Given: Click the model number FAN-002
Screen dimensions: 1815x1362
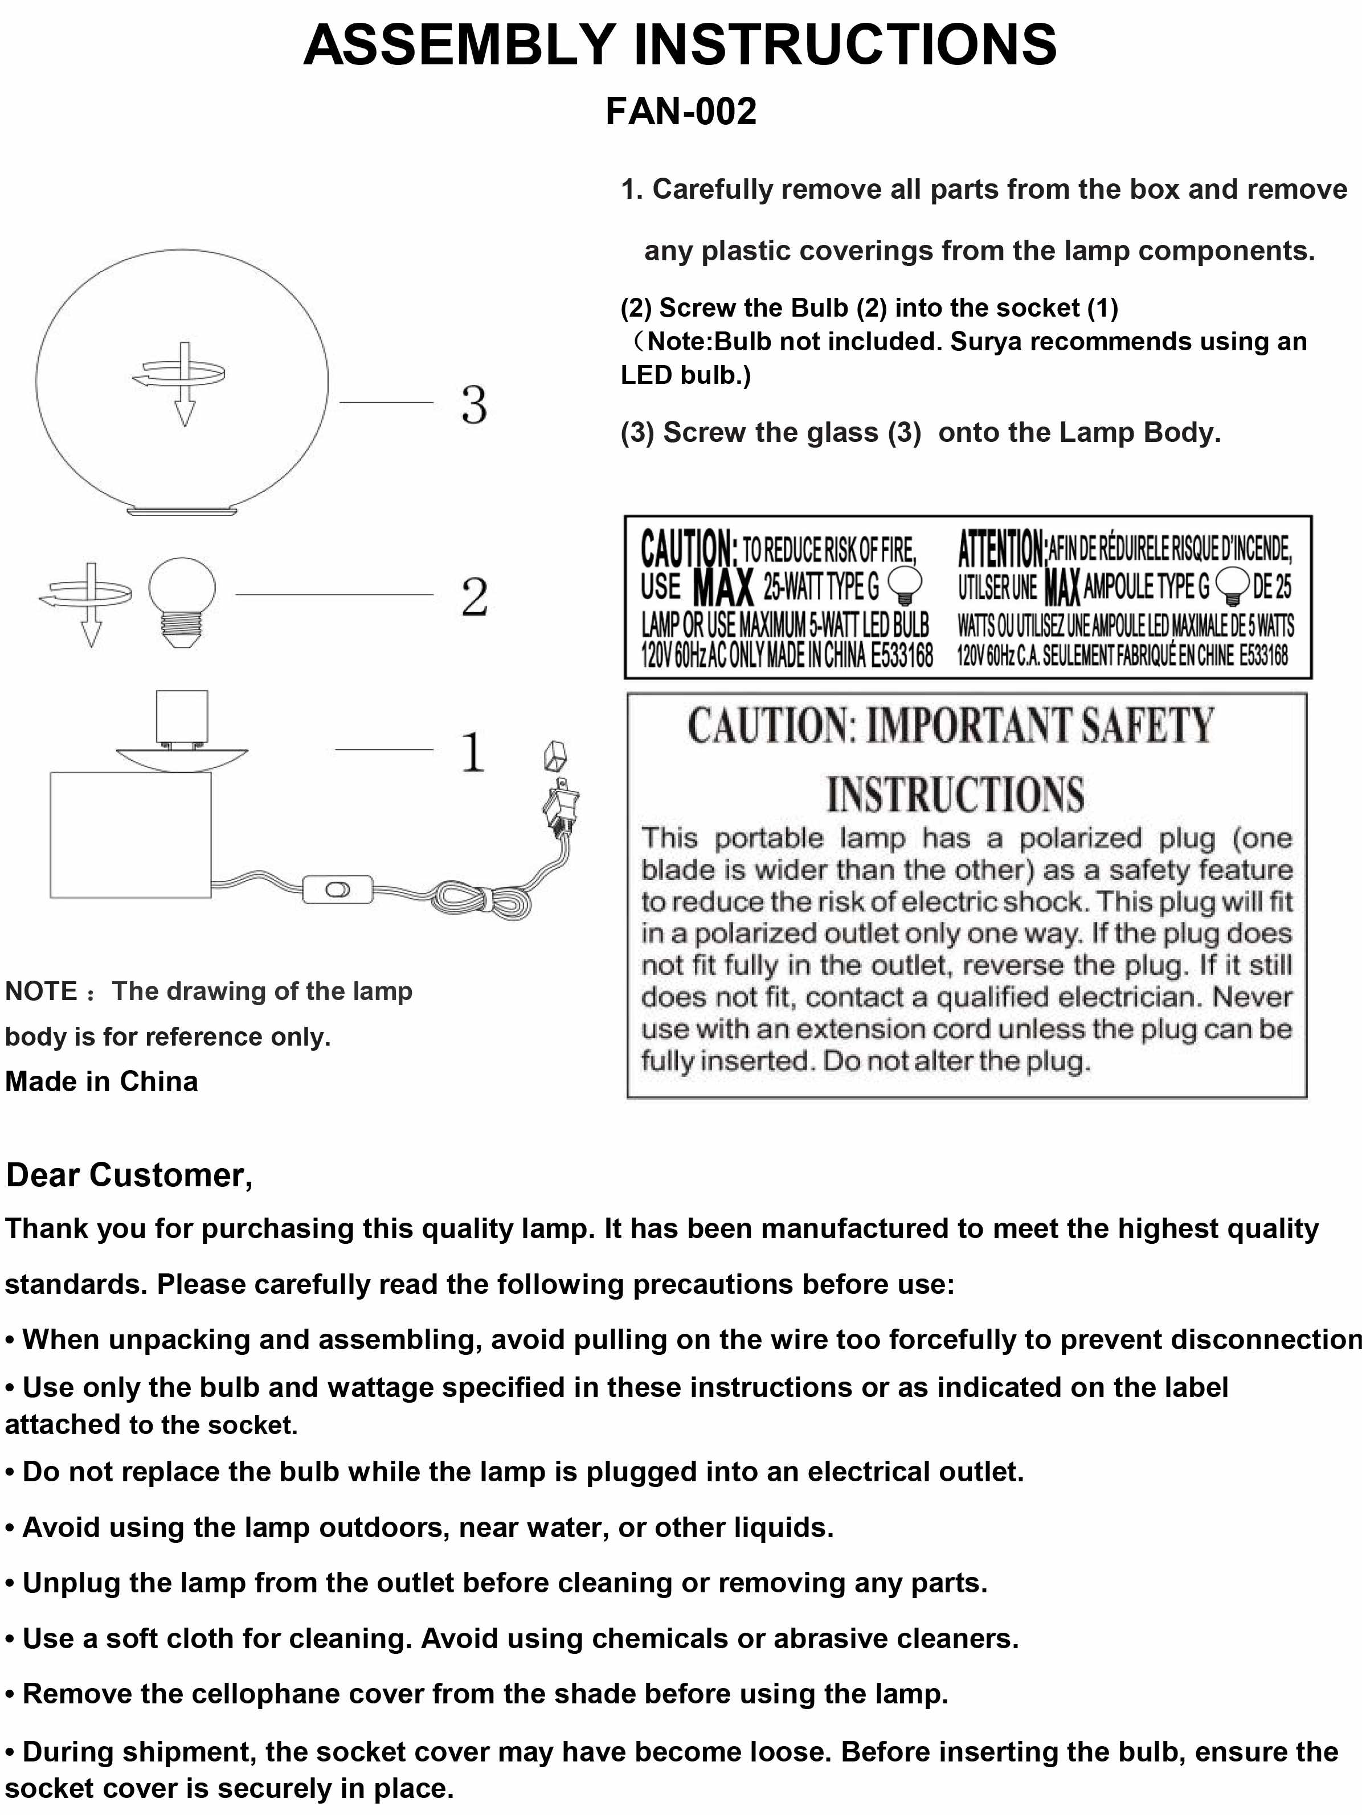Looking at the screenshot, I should (x=680, y=112).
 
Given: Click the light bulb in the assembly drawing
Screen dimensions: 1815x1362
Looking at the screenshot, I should (x=182, y=601).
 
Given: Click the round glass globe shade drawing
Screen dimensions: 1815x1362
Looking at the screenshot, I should (x=182, y=460).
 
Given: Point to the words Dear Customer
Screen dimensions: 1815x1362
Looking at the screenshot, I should (x=129, y=1175).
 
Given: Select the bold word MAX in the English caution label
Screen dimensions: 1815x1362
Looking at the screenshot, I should (x=723, y=587).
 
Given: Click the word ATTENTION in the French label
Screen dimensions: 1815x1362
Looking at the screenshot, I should (x=1001, y=548).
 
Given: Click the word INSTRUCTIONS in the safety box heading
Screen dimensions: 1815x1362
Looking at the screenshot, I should (x=955, y=794).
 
